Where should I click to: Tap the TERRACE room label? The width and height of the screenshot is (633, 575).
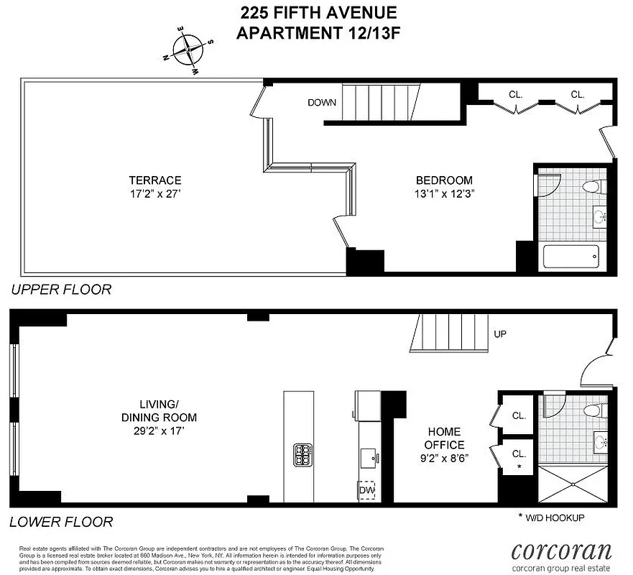tap(154, 180)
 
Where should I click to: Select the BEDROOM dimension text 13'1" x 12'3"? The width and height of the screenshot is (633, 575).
tap(444, 193)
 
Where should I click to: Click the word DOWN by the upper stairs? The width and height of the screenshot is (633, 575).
tap(322, 102)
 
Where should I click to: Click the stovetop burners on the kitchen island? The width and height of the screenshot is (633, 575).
tap(302, 454)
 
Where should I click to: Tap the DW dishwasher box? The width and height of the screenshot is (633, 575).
tap(367, 489)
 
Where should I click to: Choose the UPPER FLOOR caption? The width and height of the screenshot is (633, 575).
tap(61, 290)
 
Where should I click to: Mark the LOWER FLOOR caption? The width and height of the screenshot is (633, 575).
tap(61, 522)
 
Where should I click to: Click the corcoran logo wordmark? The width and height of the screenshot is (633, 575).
tap(561, 551)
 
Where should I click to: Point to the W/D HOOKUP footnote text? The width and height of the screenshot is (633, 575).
tap(552, 517)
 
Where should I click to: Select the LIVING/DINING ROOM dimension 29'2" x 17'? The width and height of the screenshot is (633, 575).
tap(159, 430)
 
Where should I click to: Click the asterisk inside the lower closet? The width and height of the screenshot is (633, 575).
tap(519, 467)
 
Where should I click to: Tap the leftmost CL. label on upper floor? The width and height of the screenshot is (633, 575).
tap(516, 94)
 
